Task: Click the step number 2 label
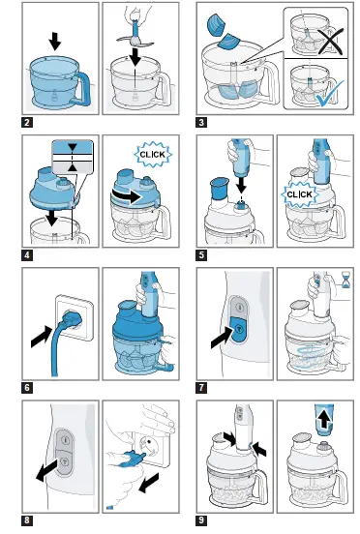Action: [x=27, y=122]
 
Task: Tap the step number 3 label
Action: [x=201, y=122]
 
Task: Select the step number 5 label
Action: [x=201, y=255]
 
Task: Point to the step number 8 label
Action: [x=27, y=520]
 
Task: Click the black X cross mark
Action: [x=330, y=41]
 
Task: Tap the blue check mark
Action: [x=330, y=93]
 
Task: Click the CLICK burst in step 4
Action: [x=153, y=154]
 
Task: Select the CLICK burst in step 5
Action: [x=299, y=194]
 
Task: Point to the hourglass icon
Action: [x=346, y=280]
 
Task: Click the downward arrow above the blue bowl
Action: [x=54, y=42]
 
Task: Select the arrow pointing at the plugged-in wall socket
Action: [x=43, y=336]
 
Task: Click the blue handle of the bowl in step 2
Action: [x=82, y=89]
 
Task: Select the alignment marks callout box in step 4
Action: [x=73, y=157]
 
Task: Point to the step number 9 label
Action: [x=201, y=520]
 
